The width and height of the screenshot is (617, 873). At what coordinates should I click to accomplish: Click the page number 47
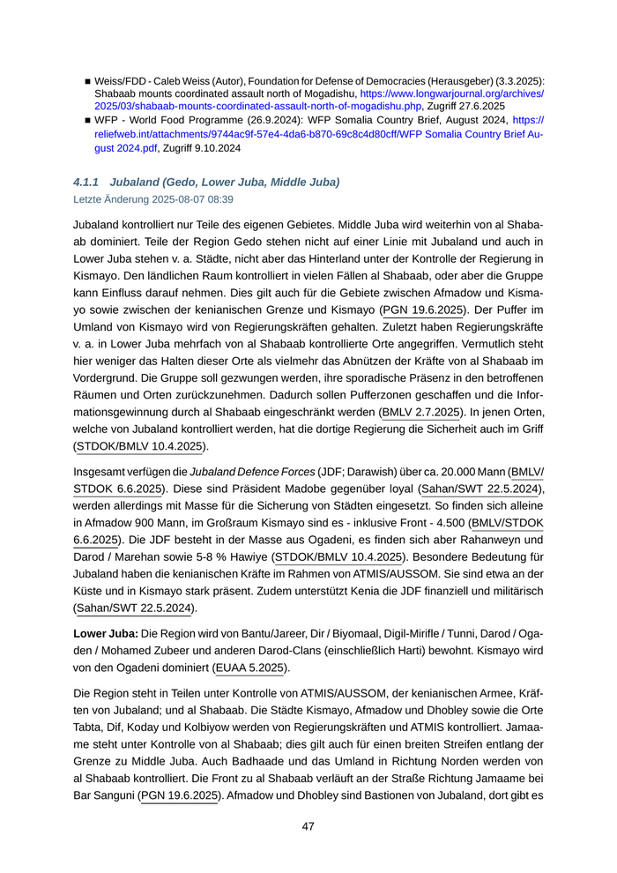coord(308,826)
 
